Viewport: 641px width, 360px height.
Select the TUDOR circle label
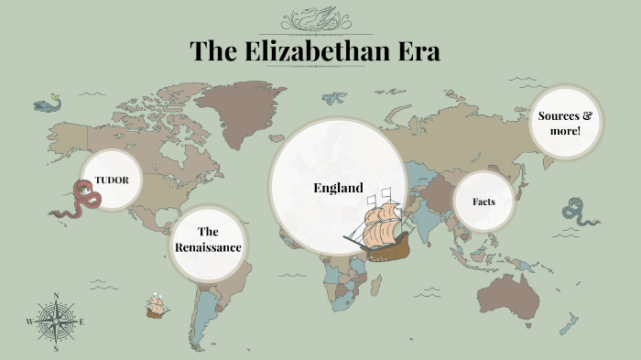[x=111, y=180]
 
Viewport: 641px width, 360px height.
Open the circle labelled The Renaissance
[x=208, y=240]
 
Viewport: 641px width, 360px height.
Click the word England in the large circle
[x=338, y=188]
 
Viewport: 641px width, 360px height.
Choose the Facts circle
[x=484, y=201]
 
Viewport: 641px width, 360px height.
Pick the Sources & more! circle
[x=565, y=123]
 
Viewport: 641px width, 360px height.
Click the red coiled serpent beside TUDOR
[x=83, y=199]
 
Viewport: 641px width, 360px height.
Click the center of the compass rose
[x=57, y=322]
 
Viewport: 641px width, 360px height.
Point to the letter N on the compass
[x=57, y=296]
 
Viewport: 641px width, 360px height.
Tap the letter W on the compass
[x=30, y=322]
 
